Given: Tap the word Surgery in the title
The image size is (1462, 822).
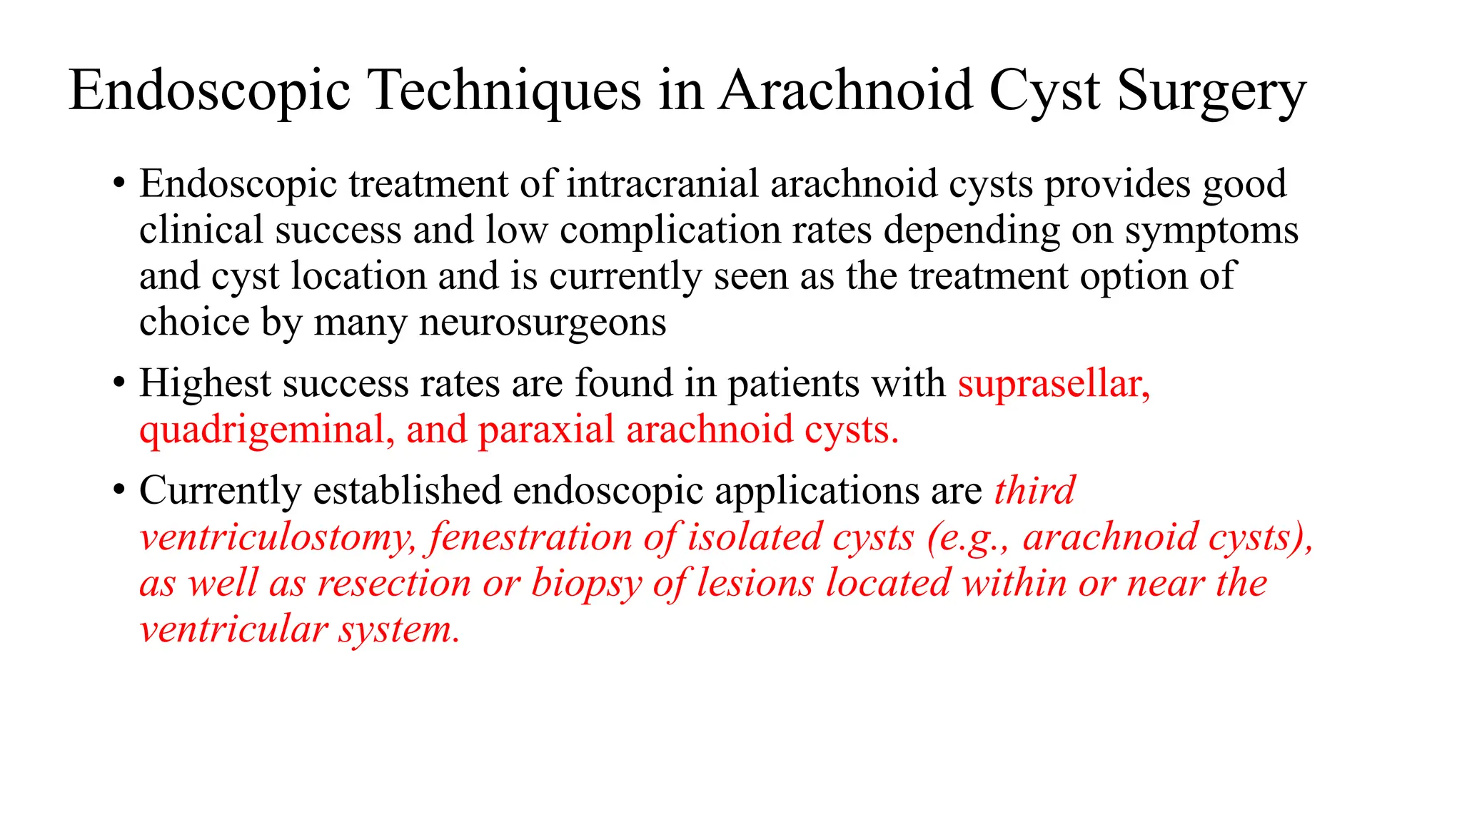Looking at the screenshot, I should pos(1211,91).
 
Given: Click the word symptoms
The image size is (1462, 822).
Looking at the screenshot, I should pos(1211,230).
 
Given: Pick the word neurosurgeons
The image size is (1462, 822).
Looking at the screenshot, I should pos(542,323).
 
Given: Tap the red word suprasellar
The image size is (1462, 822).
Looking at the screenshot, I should pos(1053,384).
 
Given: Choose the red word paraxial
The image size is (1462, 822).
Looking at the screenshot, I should pos(546,430).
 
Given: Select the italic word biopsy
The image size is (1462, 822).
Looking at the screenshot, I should pos(586,584).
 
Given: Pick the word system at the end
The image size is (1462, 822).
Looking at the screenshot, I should pos(399,630).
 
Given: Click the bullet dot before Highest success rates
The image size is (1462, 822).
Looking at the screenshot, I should pos(119,383).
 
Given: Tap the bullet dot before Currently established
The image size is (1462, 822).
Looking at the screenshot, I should pos(119,491).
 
